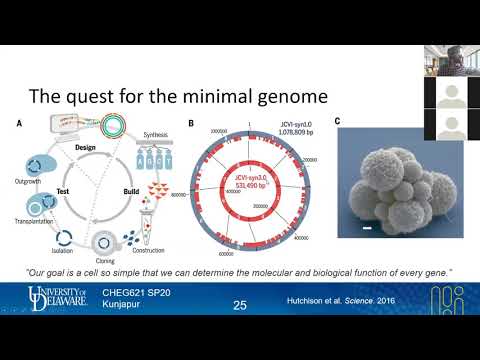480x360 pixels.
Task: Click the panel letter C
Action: tap(337, 123)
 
